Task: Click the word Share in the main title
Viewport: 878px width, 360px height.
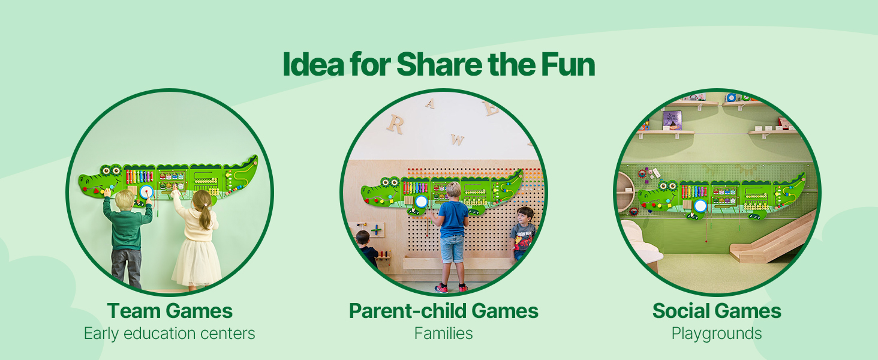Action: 439,65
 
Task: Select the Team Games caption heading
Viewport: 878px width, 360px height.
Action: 170,311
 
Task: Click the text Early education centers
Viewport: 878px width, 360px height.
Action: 169,334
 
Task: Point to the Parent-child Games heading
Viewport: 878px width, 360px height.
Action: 443,311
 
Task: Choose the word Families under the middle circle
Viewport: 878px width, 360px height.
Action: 443,334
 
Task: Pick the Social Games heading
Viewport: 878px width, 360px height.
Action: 717,311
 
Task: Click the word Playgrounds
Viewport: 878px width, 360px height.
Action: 717,334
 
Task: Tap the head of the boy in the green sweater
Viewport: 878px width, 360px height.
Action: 125,199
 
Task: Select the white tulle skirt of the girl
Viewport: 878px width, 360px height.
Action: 197,263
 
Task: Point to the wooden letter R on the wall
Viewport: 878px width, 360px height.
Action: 395,124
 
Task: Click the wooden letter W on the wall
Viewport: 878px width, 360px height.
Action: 458,139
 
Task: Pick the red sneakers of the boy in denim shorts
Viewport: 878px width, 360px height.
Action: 451,288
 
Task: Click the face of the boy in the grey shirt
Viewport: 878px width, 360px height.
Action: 524,218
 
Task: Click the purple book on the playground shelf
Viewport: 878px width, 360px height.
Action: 672,121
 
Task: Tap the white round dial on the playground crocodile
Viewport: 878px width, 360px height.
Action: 700,206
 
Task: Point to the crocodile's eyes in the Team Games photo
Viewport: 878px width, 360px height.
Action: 111,170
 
